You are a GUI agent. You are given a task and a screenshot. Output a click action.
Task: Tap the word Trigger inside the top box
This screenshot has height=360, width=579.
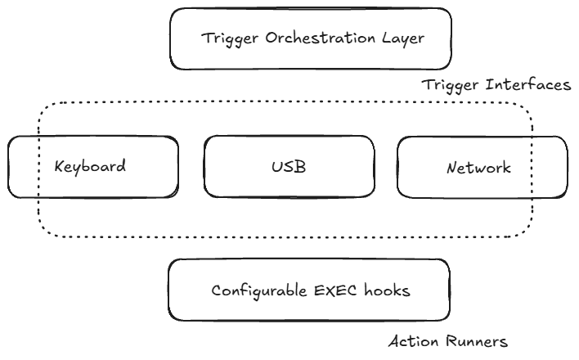[x=227, y=38]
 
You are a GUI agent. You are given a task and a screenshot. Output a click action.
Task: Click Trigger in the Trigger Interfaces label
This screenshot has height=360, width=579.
[x=448, y=85]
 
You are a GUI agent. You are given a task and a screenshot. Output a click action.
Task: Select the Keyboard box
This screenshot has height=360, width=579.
[x=92, y=167]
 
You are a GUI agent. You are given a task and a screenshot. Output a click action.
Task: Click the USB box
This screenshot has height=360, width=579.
[x=289, y=167]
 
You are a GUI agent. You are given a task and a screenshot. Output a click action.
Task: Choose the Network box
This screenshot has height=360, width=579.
[x=482, y=167]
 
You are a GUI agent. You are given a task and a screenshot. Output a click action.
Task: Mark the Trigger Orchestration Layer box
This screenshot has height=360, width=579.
[x=310, y=38]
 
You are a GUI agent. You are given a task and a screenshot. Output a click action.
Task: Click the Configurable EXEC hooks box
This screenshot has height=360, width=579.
[x=308, y=290]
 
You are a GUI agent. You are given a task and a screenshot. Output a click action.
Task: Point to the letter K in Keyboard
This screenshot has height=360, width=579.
[x=59, y=167]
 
